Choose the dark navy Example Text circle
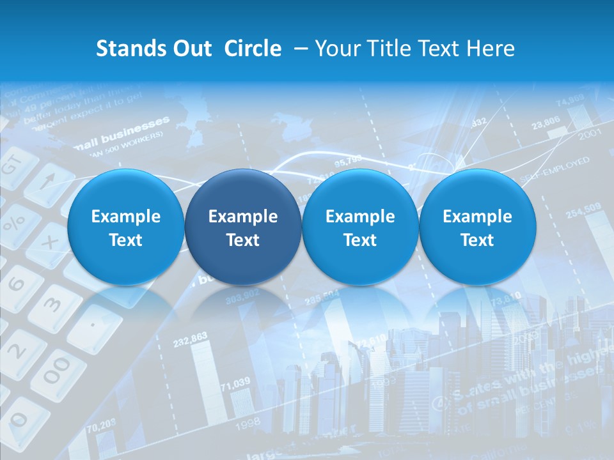point(243,227)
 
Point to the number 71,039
point(235,383)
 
